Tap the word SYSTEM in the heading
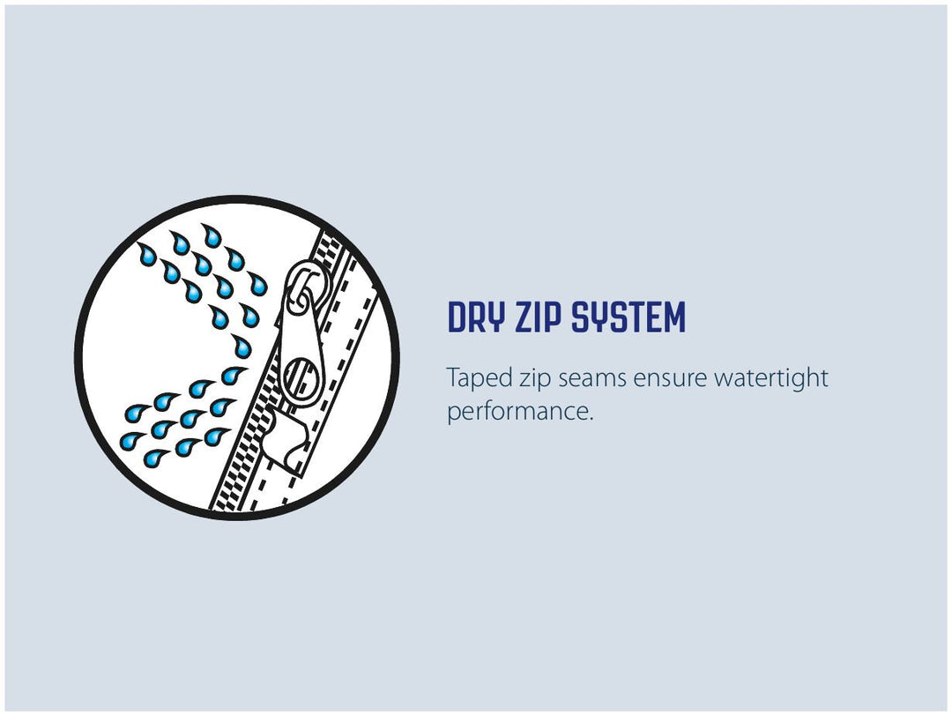tap(628, 317)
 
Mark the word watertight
tap(771, 379)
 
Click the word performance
tap(517, 412)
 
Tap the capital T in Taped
tap(453, 377)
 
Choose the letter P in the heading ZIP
tap(553, 317)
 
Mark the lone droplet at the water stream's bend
tap(241, 347)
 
